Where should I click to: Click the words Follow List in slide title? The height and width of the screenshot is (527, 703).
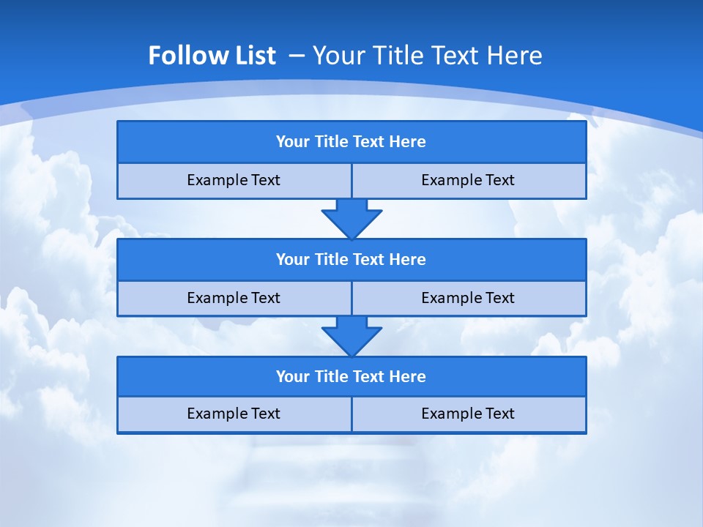click(212, 56)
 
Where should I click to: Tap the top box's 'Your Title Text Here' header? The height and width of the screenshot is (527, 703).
click(351, 142)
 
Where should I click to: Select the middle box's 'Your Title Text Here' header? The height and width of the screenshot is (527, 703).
click(351, 260)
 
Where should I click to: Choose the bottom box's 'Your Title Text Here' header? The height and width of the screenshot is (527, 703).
click(351, 377)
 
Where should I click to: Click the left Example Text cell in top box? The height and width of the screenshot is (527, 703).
click(234, 180)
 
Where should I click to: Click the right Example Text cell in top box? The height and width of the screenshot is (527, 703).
click(468, 180)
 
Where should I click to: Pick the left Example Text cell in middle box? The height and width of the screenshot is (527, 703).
click(234, 298)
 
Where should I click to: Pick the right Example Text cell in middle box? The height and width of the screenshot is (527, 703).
click(468, 298)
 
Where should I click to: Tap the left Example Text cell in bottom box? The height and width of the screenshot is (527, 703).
click(234, 414)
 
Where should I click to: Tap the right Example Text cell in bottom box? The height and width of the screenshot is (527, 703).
click(468, 414)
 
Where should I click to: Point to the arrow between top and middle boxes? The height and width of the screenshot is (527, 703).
click(351, 218)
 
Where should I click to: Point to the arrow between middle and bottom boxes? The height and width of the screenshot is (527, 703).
click(351, 336)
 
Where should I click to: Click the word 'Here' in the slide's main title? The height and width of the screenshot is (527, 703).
click(516, 56)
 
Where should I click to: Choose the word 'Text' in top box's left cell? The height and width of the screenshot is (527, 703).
click(265, 180)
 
